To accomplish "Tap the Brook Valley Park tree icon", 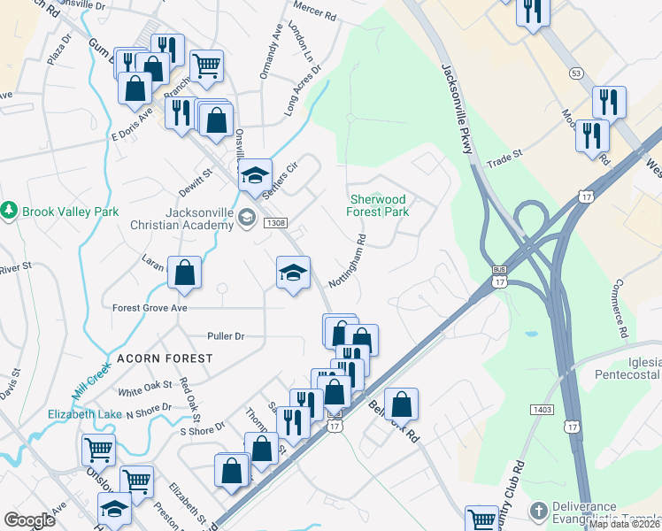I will [9, 211].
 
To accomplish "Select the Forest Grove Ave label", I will [150, 308].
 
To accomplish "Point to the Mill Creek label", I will [92, 378].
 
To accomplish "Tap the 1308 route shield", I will [273, 224].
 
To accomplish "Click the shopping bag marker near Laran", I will [184, 274].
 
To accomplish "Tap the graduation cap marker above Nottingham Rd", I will [294, 273].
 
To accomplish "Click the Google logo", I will [30, 520].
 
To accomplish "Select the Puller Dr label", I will [225, 336].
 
